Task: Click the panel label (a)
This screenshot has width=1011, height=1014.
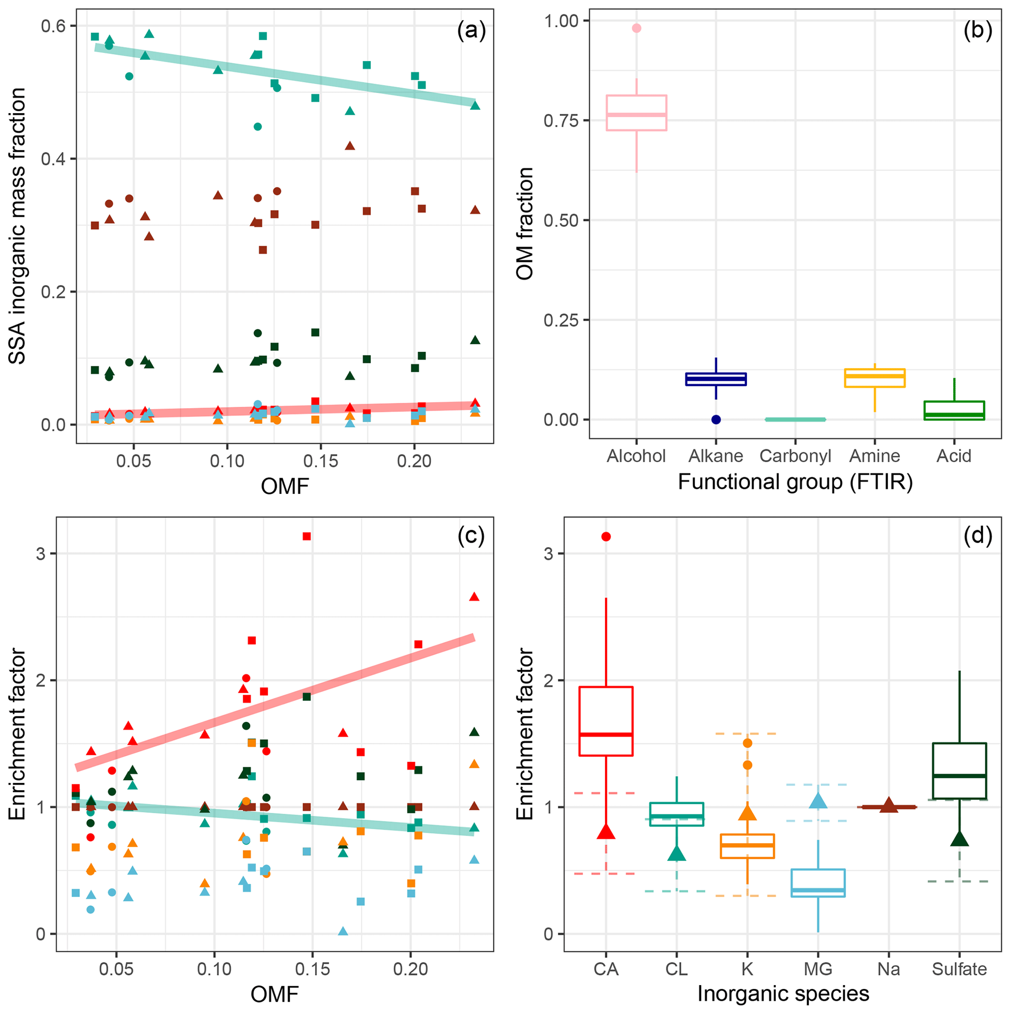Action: [x=471, y=30]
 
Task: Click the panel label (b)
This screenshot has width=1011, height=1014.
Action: [x=977, y=30]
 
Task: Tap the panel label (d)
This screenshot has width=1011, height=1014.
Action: [x=977, y=536]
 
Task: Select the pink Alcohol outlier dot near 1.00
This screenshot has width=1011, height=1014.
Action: [x=636, y=28]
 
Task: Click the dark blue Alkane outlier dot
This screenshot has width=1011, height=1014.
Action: [x=716, y=419]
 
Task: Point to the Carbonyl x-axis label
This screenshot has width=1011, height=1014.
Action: [x=795, y=456]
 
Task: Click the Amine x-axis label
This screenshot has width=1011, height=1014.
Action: [x=875, y=456]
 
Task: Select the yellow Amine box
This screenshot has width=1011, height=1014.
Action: [x=875, y=378]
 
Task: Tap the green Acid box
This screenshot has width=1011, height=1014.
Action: [x=954, y=411]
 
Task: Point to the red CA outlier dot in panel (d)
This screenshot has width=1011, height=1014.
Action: [x=606, y=536]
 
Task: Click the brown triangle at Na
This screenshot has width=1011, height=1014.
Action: [x=889, y=805]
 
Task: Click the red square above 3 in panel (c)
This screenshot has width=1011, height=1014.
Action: [x=307, y=536]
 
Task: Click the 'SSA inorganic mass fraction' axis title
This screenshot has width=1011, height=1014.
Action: [x=17, y=226]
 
